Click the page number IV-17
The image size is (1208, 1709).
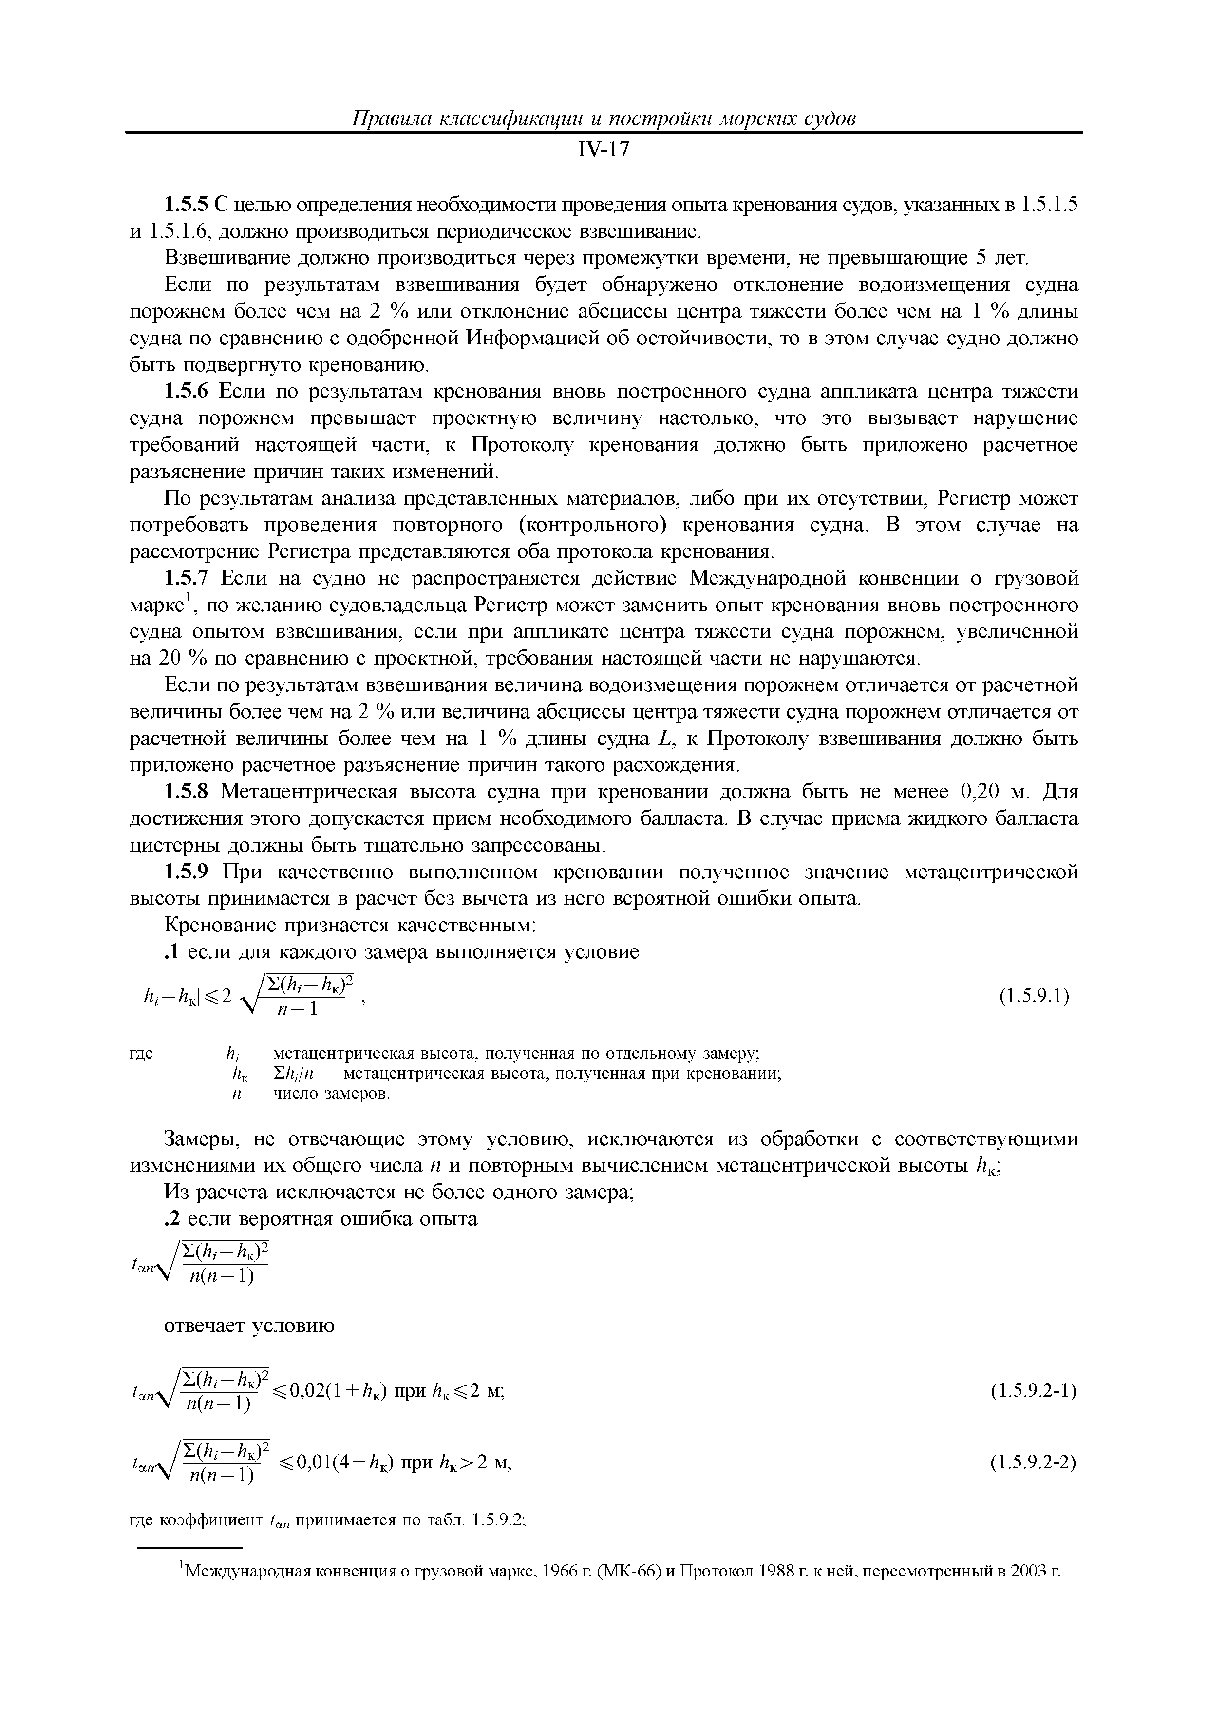604,151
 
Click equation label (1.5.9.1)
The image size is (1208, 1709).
1035,996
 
